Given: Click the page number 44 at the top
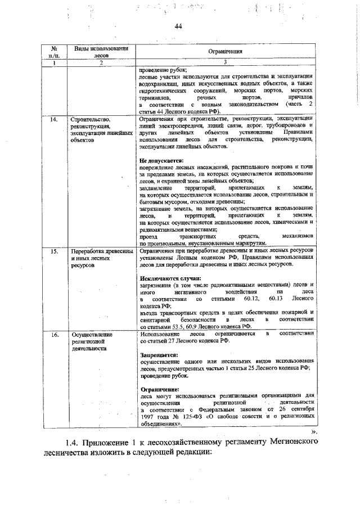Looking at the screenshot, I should point(179,26).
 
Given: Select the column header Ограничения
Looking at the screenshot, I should point(224,51).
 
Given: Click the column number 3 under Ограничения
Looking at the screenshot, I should point(224,62).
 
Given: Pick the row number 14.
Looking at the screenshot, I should point(53,120).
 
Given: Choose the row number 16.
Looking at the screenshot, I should point(53,334).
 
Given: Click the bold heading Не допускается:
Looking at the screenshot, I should point(161,160).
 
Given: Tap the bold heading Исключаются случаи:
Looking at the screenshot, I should point(168,278).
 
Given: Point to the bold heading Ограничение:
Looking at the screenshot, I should point(160,389).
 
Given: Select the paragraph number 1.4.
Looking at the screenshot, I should point(73,444).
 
